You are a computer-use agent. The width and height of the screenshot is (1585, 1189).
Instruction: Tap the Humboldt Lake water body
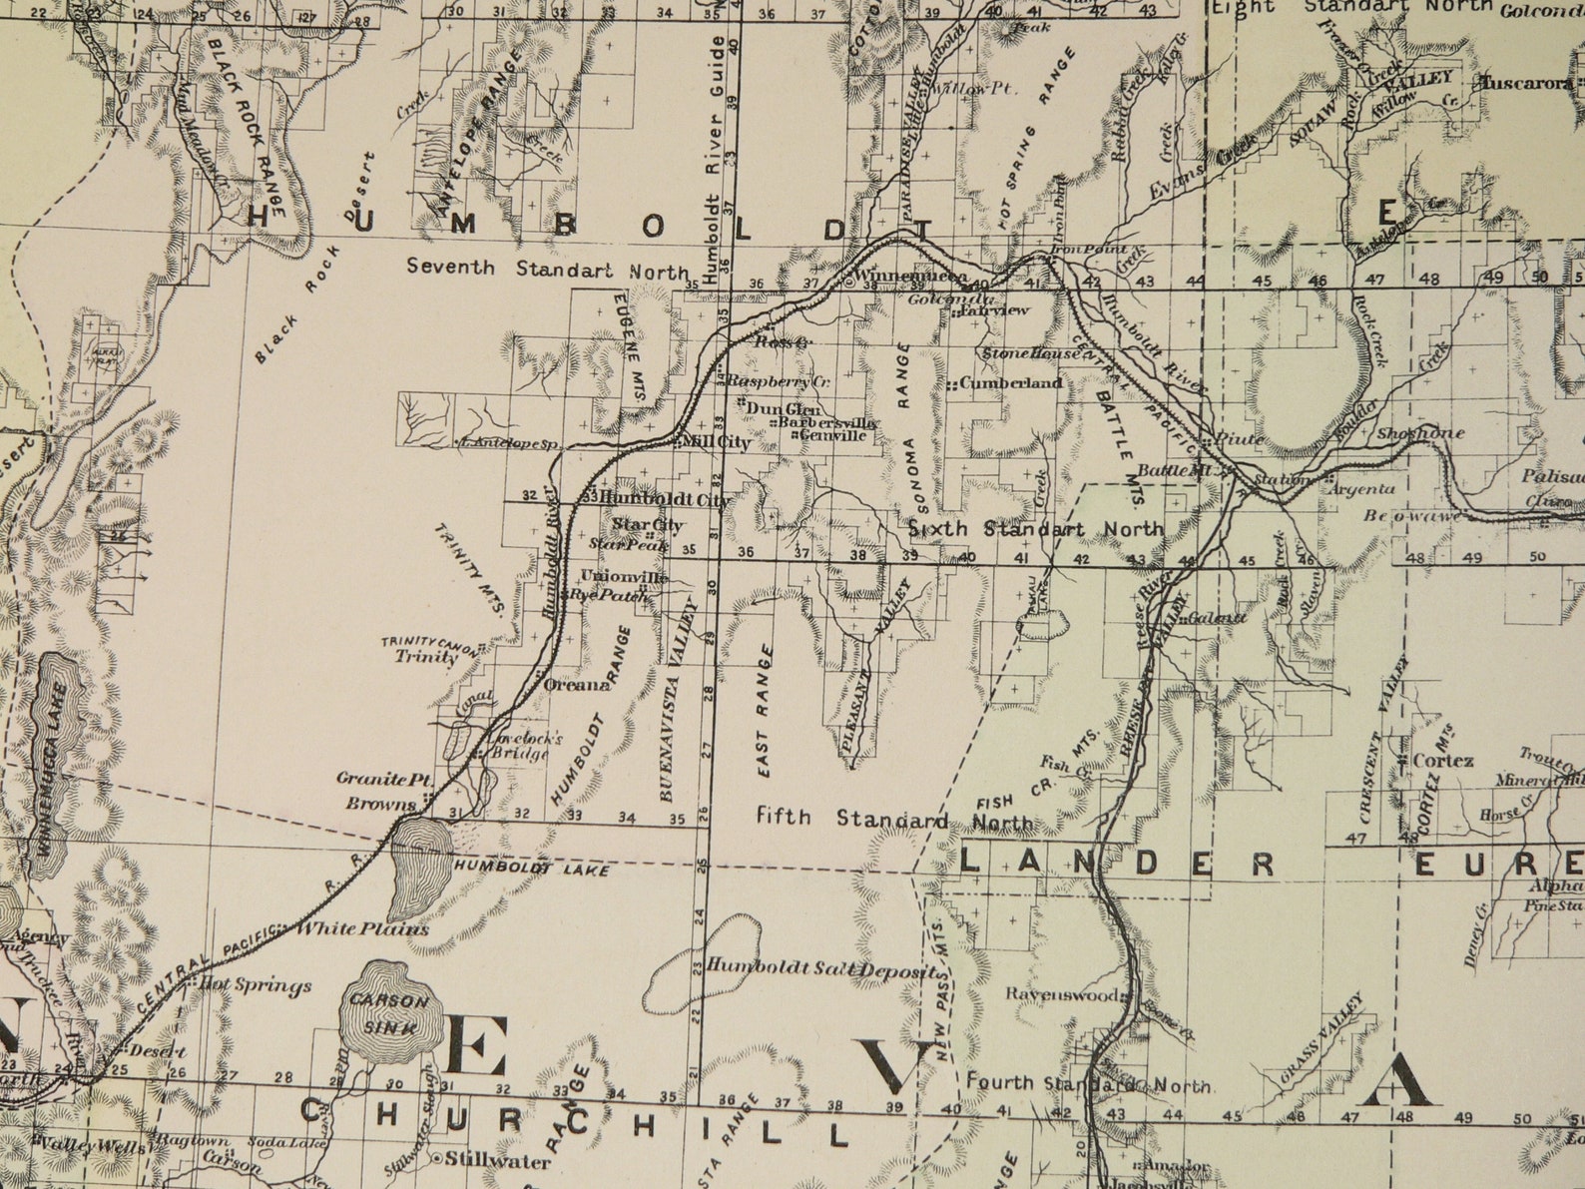417,868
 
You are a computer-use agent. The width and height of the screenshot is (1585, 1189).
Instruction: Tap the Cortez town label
1443,761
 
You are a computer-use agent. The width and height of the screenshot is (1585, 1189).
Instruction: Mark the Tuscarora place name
1526,83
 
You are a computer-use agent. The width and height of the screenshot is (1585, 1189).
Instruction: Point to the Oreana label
576,685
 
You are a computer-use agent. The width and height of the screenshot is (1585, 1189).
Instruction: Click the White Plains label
364,928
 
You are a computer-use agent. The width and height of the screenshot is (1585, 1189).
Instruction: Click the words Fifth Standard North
894,820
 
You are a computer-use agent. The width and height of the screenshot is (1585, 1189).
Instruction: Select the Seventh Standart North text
547,269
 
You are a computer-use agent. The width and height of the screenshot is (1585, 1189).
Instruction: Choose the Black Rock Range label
248,120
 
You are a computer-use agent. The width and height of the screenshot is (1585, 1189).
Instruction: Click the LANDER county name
1118,864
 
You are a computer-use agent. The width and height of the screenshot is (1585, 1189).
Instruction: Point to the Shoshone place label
1420,433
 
